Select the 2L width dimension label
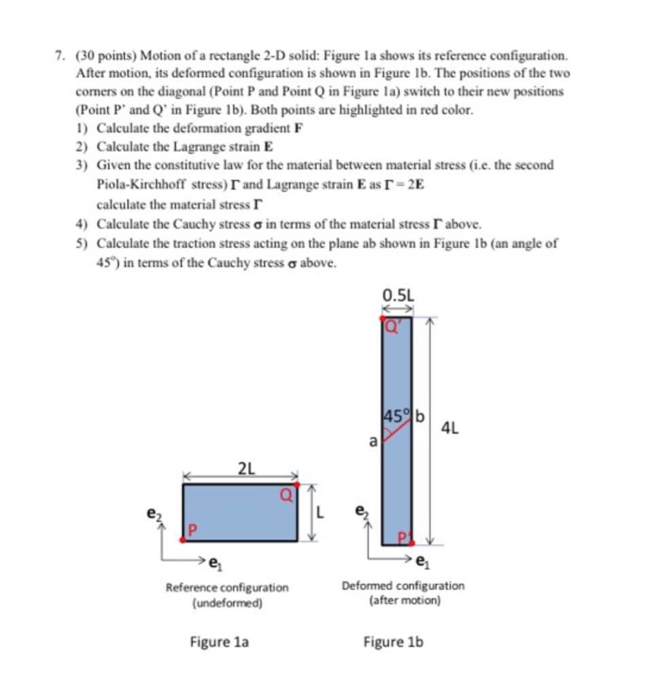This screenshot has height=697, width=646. click(x=245, y=468)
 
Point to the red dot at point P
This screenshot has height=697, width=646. click(x=183, y=540)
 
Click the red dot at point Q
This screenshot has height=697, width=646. click(x=296, y=484)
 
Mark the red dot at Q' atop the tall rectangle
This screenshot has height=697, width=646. click(x=383, y=317)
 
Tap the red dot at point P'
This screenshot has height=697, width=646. click(x=412, y=543)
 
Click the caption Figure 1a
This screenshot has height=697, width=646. click(x=220, y=641)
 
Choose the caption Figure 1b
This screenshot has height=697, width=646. click(x=394, y=641)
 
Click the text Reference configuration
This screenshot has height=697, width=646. click(x=227, y=587)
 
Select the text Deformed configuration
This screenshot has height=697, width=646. click(x=404, y=585)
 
